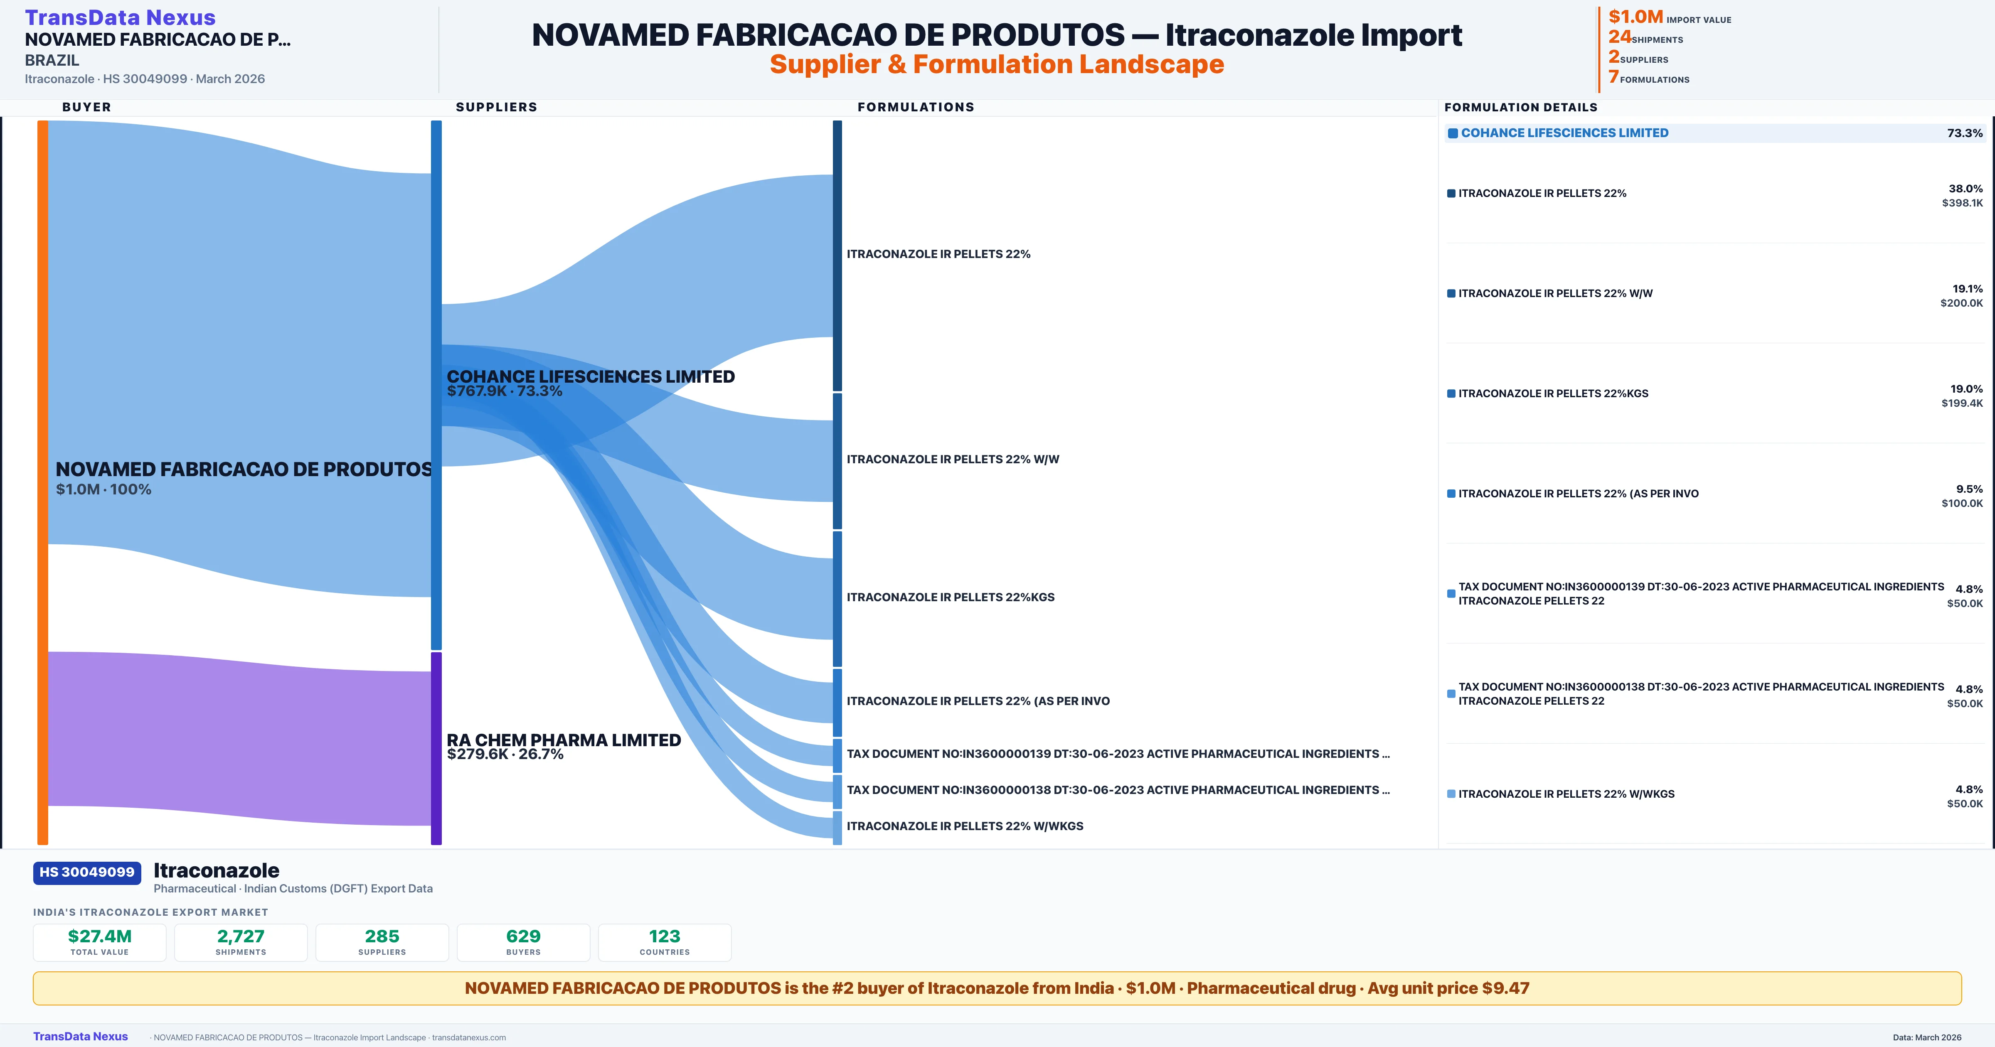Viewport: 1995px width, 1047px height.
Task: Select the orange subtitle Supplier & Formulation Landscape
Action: (x=997, y=64)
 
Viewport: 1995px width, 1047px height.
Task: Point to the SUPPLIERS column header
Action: (x=496, y=107)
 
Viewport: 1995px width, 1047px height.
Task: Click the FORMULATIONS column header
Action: (x=915, y=107)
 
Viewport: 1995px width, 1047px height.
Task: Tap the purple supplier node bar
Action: (x=436, y=747)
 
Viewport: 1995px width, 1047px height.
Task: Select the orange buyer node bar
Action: (x=42, y=480)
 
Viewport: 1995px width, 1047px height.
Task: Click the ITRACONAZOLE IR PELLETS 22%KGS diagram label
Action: (x=950, y=597)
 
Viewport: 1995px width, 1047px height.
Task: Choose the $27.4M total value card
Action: (x=100, y=942)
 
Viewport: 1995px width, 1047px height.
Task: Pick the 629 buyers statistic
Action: (x=524, y=942)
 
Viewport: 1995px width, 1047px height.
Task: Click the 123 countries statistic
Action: (x=665, y=942)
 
